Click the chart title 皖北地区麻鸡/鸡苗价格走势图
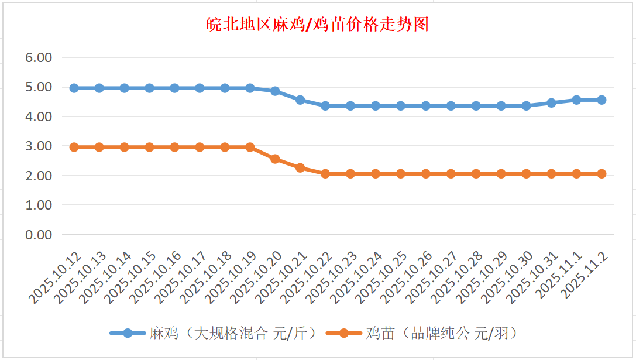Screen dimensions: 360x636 tap(318, 25)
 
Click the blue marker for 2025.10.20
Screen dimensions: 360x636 tap(275, 91)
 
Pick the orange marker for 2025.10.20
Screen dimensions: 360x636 tap(275, 159)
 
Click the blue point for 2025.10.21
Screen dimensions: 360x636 tap(300, 100)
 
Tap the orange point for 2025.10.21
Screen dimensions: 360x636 tap(300, 167)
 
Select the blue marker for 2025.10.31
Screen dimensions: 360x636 tap(551, 103)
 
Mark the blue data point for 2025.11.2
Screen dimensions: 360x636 tap(601, 100)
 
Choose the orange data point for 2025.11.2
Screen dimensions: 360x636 tap(601, 174)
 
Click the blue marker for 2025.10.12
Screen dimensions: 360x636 tap(74, 88)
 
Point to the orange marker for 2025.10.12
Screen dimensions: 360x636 tap(74, 148)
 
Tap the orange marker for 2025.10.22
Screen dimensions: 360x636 tap(325, 174)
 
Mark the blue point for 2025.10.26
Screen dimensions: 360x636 tap(426, 106)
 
